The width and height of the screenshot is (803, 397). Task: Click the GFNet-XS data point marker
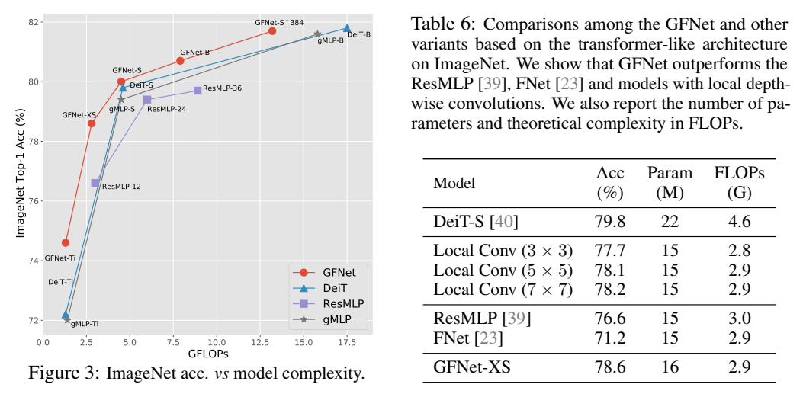coord(92,123)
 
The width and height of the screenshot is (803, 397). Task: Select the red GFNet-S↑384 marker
coord(272,30)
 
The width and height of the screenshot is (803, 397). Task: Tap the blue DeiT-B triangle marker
coord(347,28)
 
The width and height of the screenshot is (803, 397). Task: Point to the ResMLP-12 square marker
coord(95,183)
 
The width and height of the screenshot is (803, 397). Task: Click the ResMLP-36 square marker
coord(198,90)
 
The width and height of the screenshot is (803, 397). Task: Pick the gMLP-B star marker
coord(318,34)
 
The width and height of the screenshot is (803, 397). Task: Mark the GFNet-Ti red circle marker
coord(66,242)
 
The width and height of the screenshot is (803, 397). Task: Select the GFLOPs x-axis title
coord(208,354)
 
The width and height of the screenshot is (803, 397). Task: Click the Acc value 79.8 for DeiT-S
coord(610,222)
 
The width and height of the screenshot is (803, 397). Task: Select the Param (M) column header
coord(670,183)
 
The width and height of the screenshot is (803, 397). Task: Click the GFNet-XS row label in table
coord(472,367)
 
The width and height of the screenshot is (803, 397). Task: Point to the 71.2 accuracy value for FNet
coord(610,337)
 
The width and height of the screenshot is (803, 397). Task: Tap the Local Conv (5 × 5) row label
coord(503,270)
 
